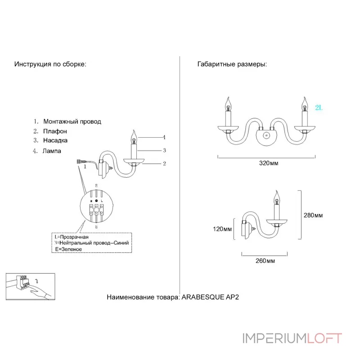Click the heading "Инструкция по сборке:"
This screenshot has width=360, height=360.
click(50, 64)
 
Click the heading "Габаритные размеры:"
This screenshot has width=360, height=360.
click(232, 64)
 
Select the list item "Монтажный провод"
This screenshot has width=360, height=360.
click(72, 121)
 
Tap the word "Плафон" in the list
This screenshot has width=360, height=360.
click(55, 131)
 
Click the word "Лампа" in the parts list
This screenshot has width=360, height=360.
click(52, 151)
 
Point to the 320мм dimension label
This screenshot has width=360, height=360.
click(269, 163)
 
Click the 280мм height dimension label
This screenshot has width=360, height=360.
click(313, 215)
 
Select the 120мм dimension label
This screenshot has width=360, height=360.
click(223, 229)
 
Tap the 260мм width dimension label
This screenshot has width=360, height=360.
click(265, 261)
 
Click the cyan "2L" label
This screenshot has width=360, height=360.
click(319, 108)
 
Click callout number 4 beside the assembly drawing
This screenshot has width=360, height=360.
click(164, 137)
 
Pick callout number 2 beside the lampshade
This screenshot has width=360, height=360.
click(165, 163)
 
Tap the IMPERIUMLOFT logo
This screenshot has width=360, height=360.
click(292, 338)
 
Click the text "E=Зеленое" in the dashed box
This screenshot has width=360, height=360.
click(68, 249)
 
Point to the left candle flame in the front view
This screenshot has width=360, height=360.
click(228, 102)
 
